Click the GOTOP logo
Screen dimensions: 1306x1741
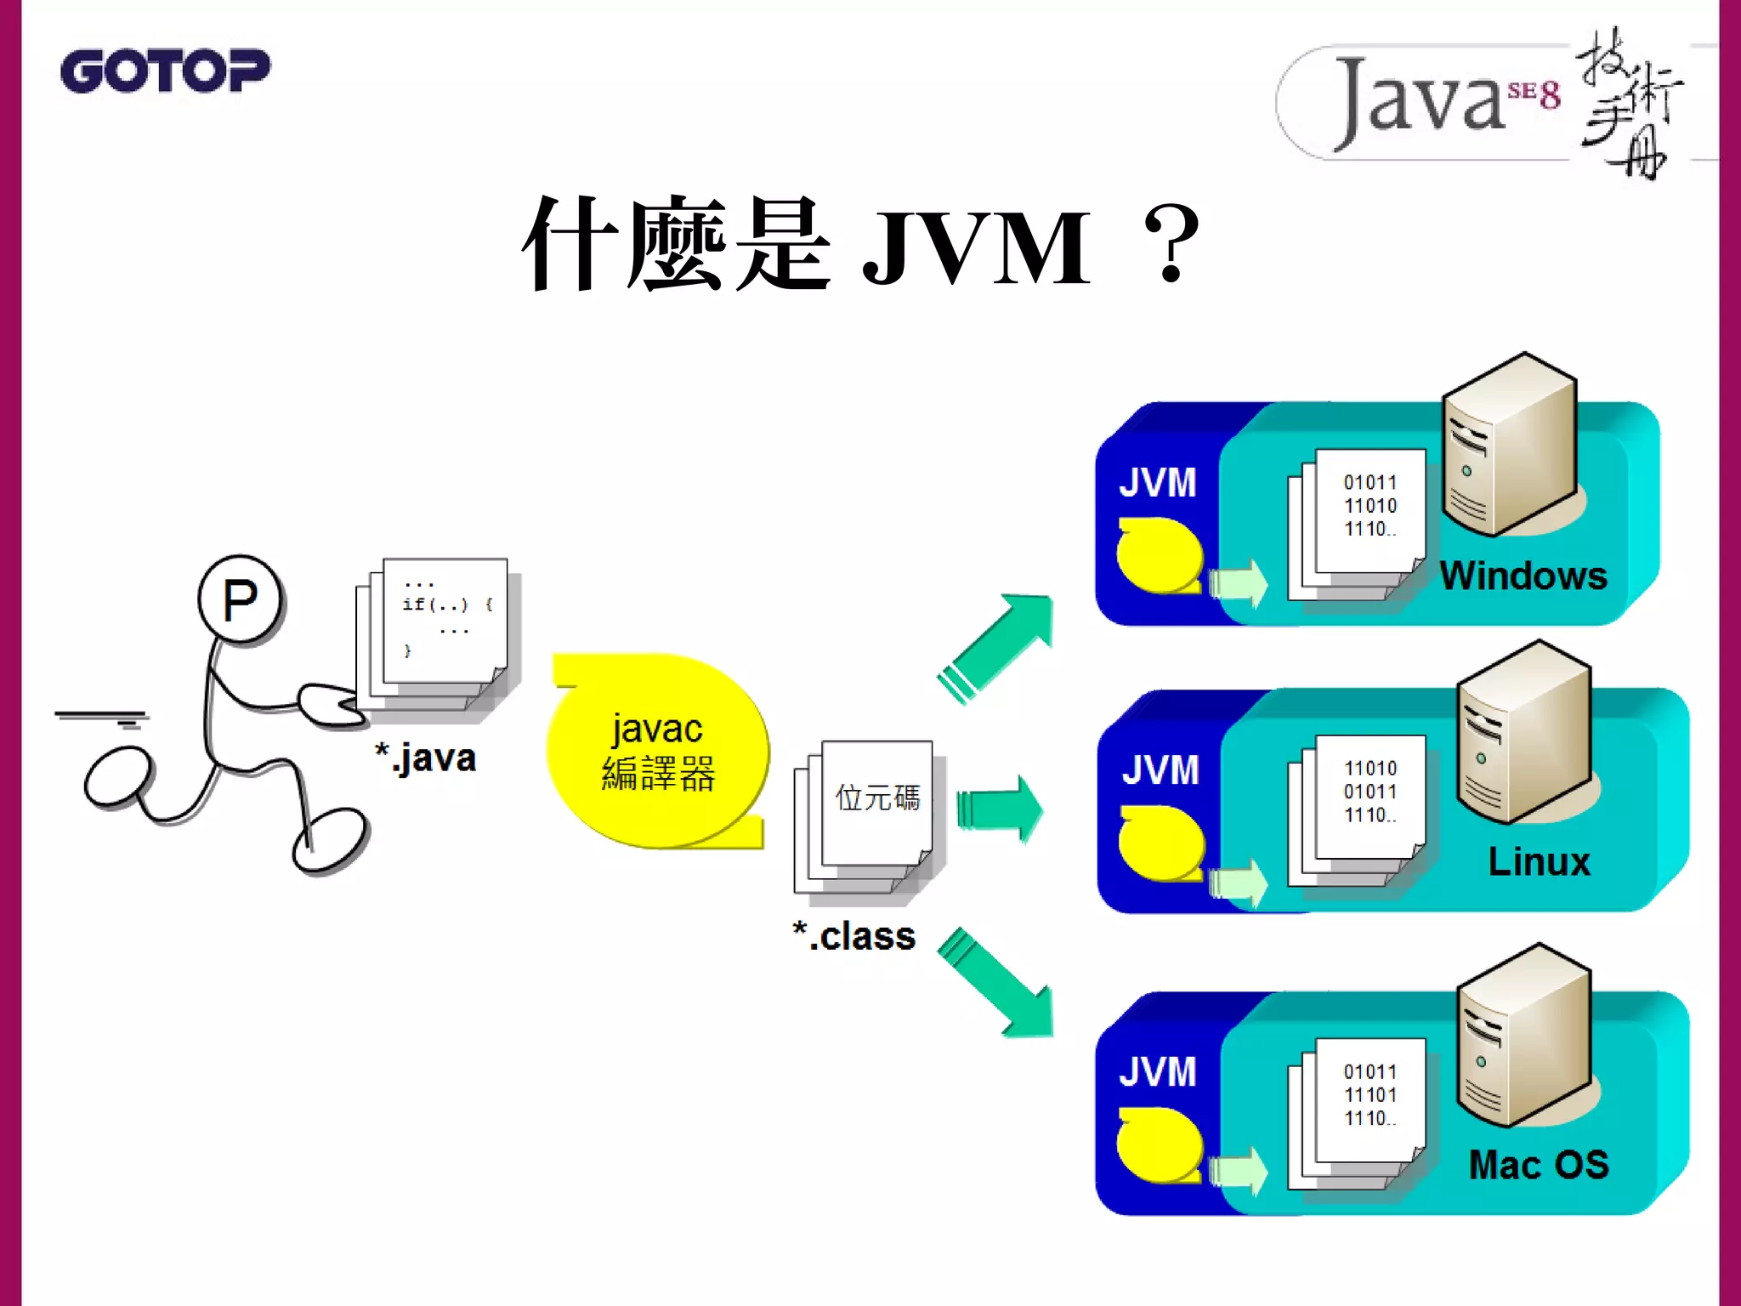165,71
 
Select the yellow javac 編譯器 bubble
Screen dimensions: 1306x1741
658,752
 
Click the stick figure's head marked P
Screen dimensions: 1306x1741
241,600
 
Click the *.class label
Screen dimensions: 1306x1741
854,936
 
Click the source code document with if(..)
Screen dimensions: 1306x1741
444,621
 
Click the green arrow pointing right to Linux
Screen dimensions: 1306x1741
1000,809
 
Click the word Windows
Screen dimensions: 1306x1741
1523,576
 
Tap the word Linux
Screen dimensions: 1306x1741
1539,862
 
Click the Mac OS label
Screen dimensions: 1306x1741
1539,1165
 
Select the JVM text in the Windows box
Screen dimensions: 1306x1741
1157,483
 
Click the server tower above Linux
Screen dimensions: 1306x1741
1523,731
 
